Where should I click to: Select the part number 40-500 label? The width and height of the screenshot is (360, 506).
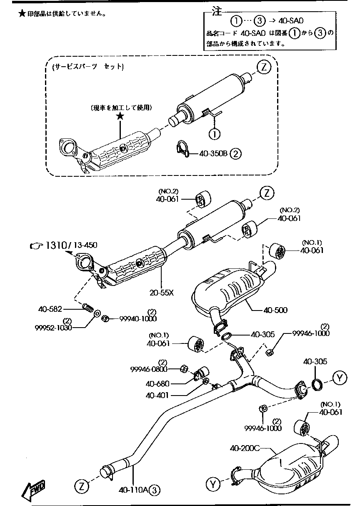tap(275, 310)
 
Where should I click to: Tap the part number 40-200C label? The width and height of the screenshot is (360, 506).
tap(245, 448)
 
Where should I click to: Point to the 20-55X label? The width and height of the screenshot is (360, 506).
tap(162, 293)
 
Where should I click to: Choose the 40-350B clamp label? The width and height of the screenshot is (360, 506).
tap(213, 153)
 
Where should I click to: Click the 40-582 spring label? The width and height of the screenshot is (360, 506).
tap(50, 309)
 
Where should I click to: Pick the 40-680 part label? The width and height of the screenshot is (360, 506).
tap(157, 383)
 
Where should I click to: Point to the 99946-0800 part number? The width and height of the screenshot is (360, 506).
tap(149, 369)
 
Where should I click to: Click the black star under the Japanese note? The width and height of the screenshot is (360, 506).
tap(120, 116)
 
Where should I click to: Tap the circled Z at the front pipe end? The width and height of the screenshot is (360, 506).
tap(82, 485)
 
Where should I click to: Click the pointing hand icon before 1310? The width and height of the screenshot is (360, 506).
tap(37, 246)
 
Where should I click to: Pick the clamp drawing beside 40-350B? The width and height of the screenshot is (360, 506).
tap(182, 150)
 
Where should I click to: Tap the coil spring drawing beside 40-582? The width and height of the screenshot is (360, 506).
tap(87, 308)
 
